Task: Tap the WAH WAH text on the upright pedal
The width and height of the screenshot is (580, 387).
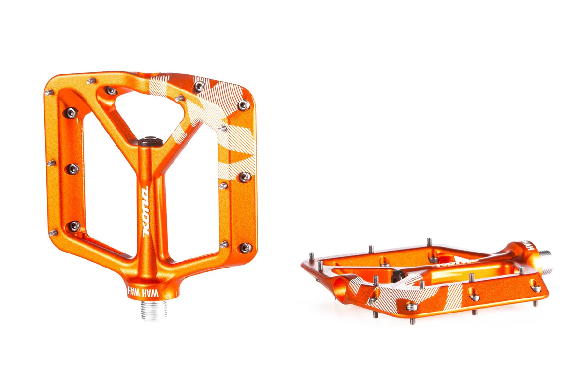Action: (x=142, y=292)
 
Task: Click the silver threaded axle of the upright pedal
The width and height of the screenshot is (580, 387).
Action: (x=154, y=310)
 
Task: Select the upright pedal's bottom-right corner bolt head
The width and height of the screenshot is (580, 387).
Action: (x=245, y=248)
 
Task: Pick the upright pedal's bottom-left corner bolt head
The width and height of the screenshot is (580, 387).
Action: (x=73, y=226)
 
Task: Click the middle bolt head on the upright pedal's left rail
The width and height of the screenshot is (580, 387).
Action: (x=72, y=169)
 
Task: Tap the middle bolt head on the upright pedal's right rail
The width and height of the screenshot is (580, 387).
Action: (x=245, y=177)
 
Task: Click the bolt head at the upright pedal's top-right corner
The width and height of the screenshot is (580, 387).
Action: (x=244, y=104)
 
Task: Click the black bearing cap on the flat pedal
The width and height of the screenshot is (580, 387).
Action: (x=398, y=275)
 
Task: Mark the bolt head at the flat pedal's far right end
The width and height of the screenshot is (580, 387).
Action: (x=535, y=288)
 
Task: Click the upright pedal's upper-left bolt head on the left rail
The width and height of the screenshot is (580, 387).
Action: (x=71, y=112)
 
